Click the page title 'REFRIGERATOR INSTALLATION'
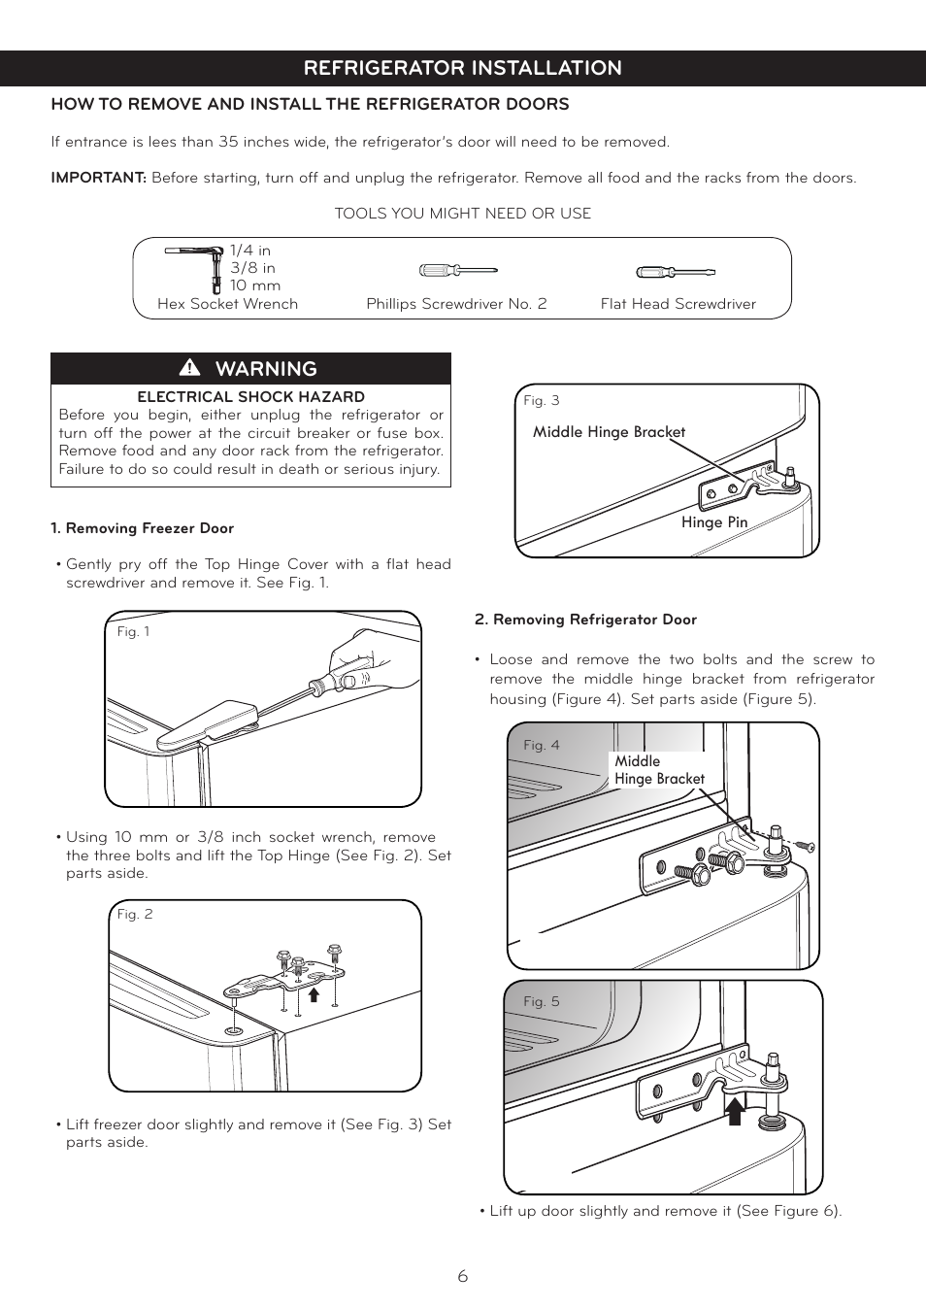point(462,68)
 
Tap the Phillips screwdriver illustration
point(457,271)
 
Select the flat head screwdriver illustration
point(676,272)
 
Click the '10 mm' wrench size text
point(254,285)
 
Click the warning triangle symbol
point(189,368)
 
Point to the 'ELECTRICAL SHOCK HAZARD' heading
point(250,396)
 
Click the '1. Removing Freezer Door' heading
point(142,528)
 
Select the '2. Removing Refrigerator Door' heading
point(585,620)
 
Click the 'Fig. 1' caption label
point(133,631)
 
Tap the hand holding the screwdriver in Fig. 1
point(364,660)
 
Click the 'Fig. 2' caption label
point(134,914)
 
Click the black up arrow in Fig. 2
point(314,994)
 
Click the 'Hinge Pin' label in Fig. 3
point(713,522)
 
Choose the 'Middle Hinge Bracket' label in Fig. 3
point(609,432)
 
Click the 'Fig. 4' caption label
point(541,745)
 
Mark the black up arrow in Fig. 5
point(736,1111)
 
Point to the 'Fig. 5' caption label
point(541,1001)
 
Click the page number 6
point(463,1276)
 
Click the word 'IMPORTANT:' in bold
point(98,178)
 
